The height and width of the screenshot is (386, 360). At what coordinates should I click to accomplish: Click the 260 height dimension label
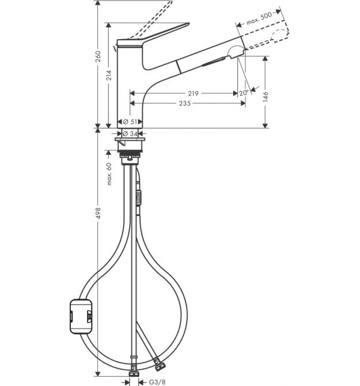coord(98,56)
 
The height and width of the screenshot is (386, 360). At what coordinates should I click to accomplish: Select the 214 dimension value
coord(109,75)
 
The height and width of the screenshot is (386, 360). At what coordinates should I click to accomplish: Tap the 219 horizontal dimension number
coord(193,93)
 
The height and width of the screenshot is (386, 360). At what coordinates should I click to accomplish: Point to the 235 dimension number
coord(185,103)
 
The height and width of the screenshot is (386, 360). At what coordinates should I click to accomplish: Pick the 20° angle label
coord(244,93)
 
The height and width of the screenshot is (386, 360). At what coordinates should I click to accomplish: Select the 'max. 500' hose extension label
coord(259,18)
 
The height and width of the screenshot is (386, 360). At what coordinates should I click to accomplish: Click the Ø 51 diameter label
coord(130,122)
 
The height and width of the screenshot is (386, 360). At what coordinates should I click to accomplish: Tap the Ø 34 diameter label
coord(130,134)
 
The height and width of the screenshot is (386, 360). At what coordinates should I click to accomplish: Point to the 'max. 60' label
coord(109,174)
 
